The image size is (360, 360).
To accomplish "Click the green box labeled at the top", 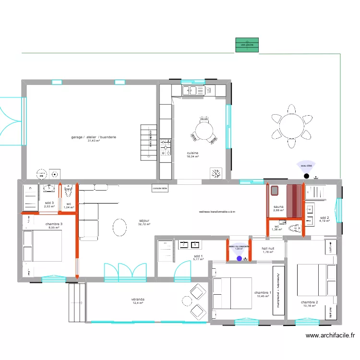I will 247,45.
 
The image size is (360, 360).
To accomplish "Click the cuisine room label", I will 192,155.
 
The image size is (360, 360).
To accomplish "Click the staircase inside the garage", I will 147,143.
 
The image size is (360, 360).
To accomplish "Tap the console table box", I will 160,189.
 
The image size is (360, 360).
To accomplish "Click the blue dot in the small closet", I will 240,259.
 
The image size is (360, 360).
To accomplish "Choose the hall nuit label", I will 267,251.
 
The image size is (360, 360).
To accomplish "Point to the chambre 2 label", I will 309,304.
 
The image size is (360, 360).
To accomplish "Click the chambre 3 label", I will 54,225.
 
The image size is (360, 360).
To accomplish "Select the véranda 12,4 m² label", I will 138,301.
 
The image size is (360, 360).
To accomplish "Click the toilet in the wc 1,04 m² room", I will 68,192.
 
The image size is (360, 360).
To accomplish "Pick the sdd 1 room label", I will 198,258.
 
